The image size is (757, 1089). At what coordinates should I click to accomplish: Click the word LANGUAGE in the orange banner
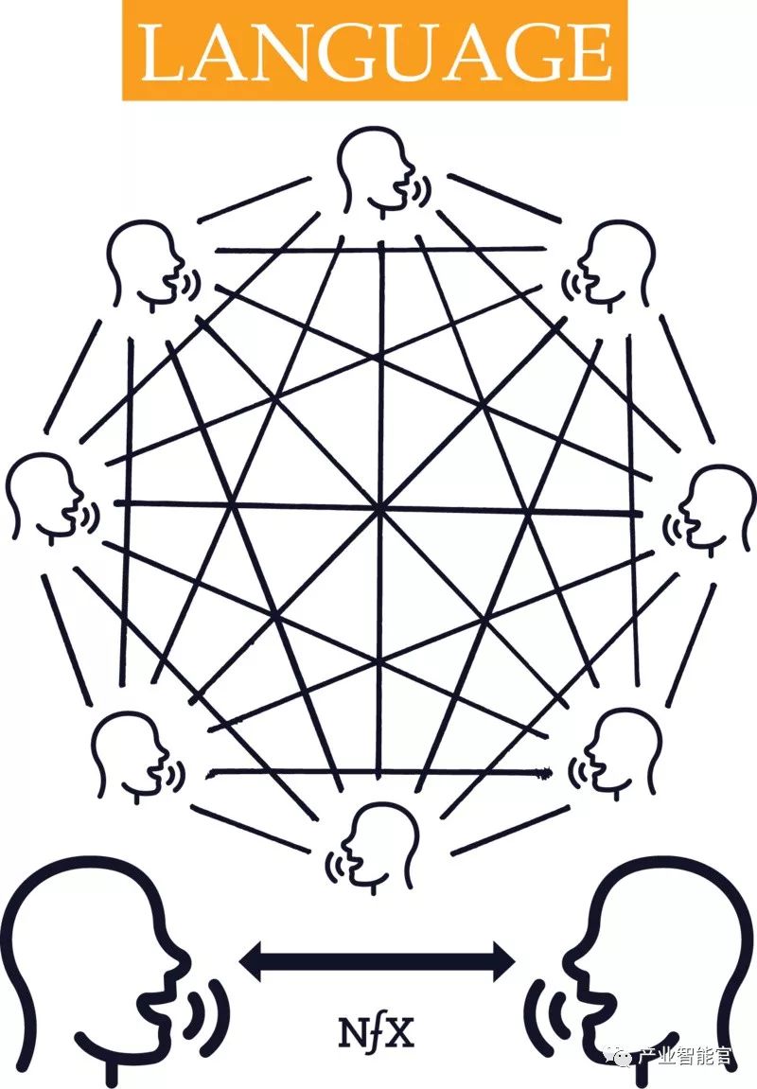tap(376, 52)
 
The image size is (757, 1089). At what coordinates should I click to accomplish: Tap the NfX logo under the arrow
tap(376, 1032)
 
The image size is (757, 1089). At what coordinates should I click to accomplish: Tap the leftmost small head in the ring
tap(44, 496)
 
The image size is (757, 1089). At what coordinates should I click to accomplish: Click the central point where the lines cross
tap(379, 509)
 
